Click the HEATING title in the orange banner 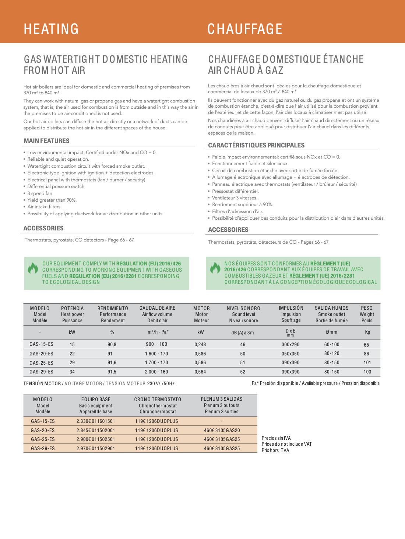(51, 29)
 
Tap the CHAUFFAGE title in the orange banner (245, 29)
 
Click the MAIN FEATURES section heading (47, 141)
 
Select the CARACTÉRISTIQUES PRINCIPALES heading (256, 145)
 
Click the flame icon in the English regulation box (33, 268)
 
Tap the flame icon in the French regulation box (215, 268)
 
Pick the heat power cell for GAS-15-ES (72, 344)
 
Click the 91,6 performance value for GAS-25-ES (112, 363)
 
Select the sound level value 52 (243, 372)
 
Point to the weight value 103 (367, 372)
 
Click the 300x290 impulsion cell (290, 344)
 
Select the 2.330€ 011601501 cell (96, 421)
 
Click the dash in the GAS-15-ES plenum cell (221, 421)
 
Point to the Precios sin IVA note (276, 438)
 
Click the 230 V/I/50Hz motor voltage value (161, 383)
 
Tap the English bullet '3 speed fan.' (40, 193)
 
